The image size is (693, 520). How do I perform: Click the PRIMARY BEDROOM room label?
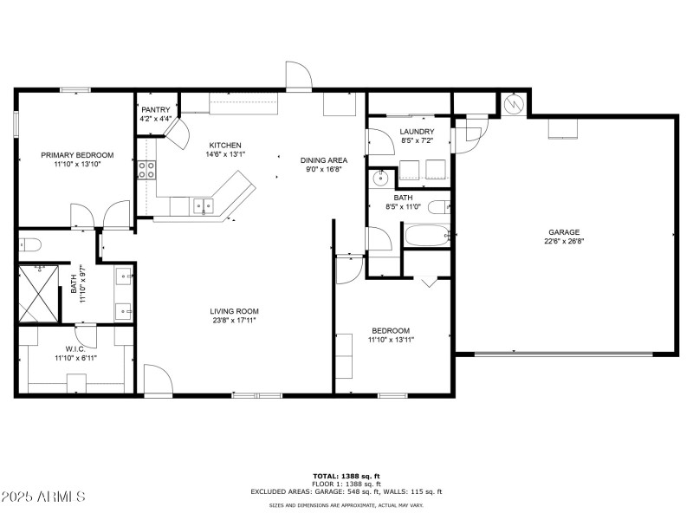pos(77,155)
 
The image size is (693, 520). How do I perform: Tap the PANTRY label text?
pos(156,110)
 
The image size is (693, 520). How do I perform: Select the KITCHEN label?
pos(225,145)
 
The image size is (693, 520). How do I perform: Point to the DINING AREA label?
pos(324,160)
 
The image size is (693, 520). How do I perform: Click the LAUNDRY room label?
pos(417,132)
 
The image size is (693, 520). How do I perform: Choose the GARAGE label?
pos(564,232)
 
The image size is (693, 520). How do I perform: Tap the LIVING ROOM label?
pos(234,311)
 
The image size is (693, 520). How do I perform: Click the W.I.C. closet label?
pos(75,349)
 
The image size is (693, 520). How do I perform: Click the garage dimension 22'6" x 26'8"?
pos(564,242)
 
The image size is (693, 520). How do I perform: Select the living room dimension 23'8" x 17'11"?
pos(234,321)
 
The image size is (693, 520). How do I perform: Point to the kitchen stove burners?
pos(146,170)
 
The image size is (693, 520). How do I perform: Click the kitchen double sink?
pos(204,205)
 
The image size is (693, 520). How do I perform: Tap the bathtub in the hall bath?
pos(427,236)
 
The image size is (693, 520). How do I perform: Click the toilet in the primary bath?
pos(30,244)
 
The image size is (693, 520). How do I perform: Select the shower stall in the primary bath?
pos(39,294)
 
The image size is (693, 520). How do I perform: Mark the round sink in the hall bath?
pos(380,179)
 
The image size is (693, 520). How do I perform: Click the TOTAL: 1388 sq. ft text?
pos(346,476)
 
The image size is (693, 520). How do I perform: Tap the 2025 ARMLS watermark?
pos(42,496)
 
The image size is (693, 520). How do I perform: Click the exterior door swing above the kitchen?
pos(299,75)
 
